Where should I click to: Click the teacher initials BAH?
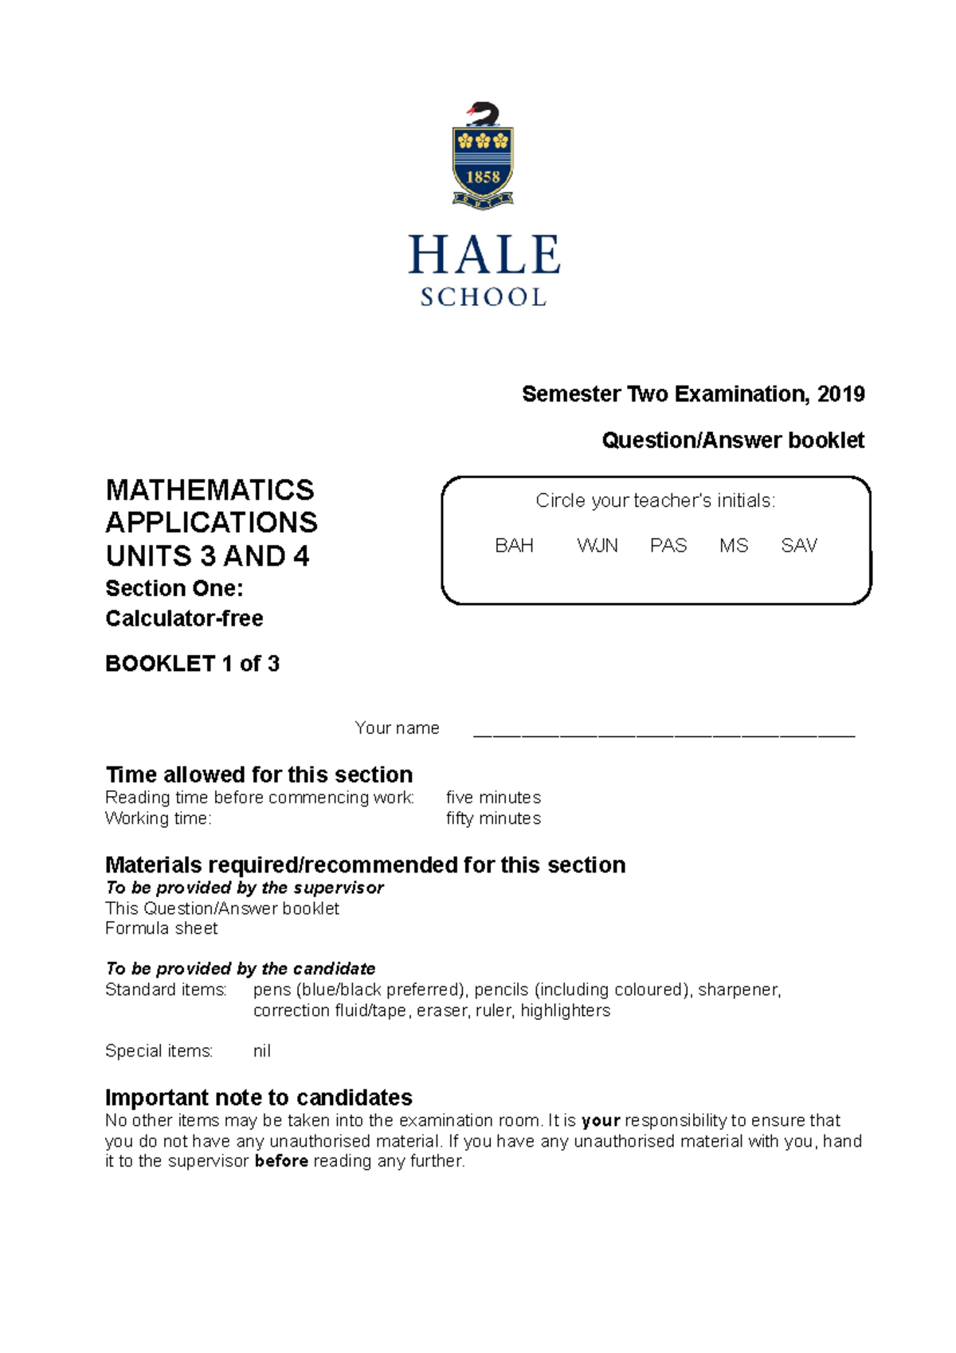(x=514, y=546)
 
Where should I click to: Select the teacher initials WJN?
(x=597, y=546)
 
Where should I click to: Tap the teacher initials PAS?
(x=668, y=546)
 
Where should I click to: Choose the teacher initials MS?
(x=734, y=546)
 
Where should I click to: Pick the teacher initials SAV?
(x=799, y=546)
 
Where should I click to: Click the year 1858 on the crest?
(x=483, y=177)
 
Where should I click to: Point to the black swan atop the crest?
(x=484, y=114)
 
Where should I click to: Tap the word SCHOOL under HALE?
(x=484, y=297)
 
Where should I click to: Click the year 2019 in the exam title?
(x=840, y=394)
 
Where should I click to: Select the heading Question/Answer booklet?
(x=733, y=440)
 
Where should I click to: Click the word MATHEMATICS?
(x=210, y=489)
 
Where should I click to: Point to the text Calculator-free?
(x=184, y=618)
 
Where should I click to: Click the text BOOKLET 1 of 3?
(x=192, y=664)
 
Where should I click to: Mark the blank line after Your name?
(x=664, y=733)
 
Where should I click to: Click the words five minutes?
(x=493, y=798)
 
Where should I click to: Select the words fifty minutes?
(x=493, y=818)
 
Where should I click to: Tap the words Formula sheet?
(x=162, y=928)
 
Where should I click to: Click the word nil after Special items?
(x=262, y=1051)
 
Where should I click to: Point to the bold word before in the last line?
(x=281, y=1161)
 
